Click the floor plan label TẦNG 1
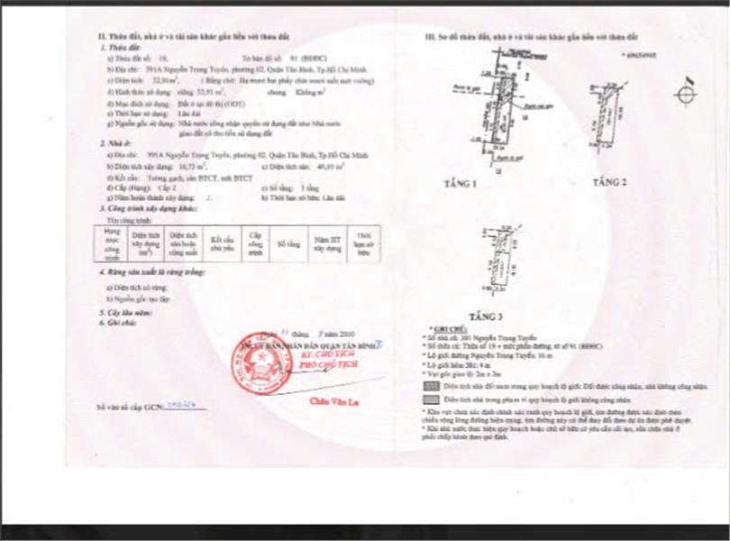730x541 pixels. pos(460,185)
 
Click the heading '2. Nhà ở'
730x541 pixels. pos(113,142)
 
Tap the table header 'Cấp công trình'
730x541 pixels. pos(256,243)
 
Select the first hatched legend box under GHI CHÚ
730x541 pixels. pos(430,383)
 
